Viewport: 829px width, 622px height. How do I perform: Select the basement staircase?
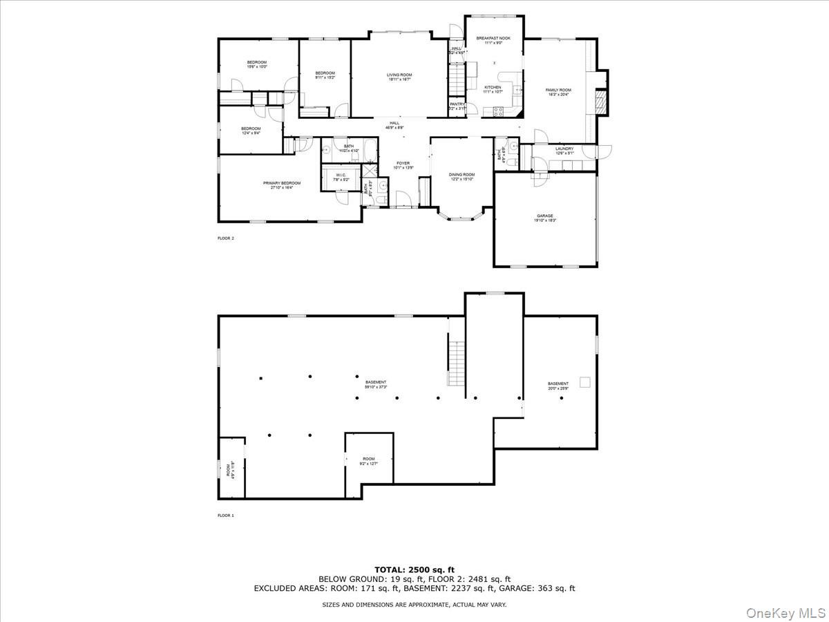[x=455, y=363]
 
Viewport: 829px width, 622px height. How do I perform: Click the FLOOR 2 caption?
[x=226, y=238]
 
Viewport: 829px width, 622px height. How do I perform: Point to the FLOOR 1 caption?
[x=226, y=516]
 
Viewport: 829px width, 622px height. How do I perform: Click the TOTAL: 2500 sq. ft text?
[x=414, y=569]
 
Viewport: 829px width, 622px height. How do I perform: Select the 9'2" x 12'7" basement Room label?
[x=369, y=461]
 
